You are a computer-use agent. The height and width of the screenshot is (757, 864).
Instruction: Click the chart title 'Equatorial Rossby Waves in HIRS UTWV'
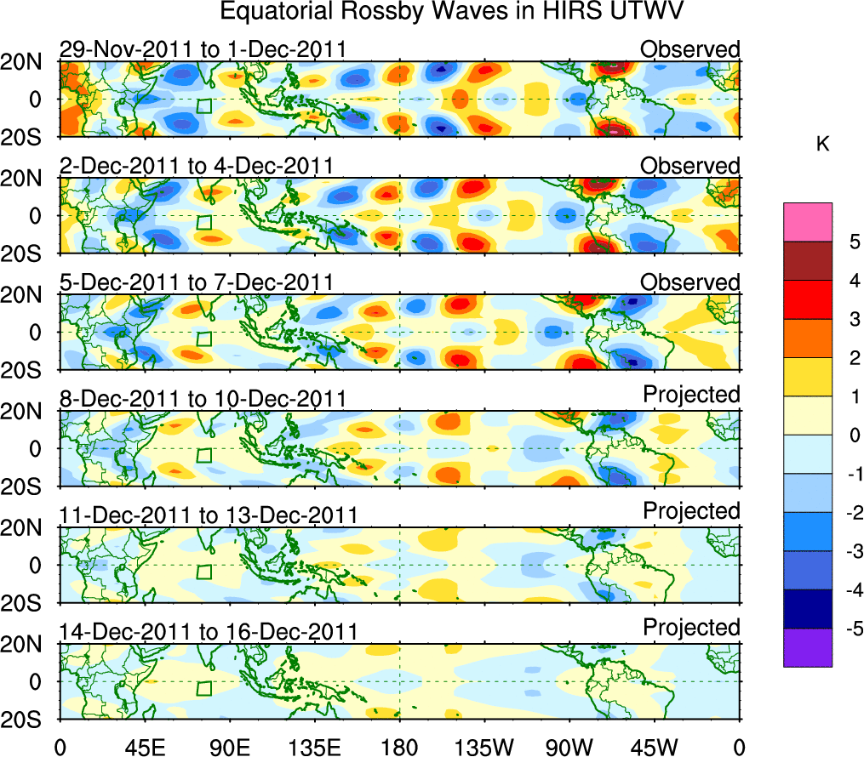453,12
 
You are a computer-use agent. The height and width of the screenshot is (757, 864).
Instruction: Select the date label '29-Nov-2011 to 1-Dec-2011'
198,49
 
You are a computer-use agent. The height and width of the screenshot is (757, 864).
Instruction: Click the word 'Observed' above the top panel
690,49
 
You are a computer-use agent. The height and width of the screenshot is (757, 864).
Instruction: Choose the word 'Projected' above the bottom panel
691,627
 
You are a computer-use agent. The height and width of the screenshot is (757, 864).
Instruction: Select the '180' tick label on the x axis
399,747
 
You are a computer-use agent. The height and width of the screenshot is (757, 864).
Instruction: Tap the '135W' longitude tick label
484,747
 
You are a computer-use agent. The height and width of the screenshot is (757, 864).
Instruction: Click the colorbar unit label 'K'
822,145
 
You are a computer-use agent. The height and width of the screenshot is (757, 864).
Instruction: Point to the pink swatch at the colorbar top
808,222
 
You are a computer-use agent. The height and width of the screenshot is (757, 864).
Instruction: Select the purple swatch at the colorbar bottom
808,647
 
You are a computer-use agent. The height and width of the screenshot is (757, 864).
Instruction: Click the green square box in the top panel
204,106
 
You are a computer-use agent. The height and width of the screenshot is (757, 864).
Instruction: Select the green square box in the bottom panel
204,688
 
